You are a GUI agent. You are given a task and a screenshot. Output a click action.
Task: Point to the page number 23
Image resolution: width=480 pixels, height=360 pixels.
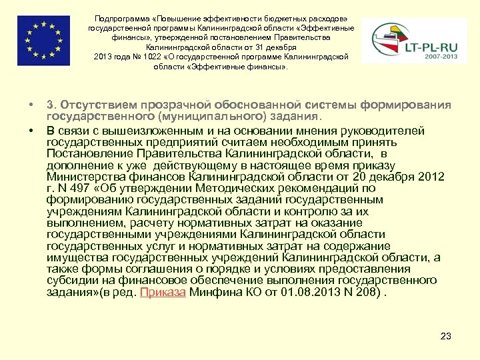pyautogui.click(x=446, y=335)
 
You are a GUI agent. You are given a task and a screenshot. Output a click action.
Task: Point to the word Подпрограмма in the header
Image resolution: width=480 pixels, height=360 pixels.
pyautogui.click(x=124, y=19)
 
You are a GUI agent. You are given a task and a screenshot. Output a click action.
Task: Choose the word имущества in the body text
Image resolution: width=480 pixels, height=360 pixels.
pyautogui.click(x=75, y=258)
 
